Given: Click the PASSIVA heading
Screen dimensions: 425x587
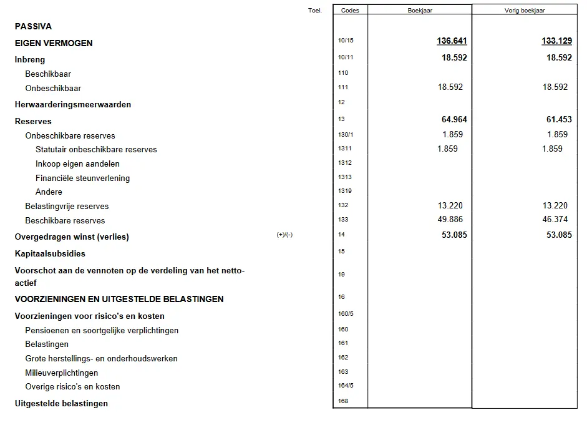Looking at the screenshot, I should pos(33,26).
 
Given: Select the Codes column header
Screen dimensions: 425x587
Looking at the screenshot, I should pos(350,10).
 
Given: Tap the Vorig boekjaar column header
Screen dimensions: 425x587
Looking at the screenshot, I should pos(525,10).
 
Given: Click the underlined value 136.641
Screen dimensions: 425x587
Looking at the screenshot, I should pos(452,41).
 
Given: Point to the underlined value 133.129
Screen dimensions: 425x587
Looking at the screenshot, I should pos(556,41).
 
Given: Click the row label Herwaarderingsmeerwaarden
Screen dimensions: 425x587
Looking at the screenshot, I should pos(73,104).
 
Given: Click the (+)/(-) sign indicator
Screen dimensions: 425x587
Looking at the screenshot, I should pos(284,235).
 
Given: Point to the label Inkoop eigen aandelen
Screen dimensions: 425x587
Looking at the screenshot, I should pos(77,164).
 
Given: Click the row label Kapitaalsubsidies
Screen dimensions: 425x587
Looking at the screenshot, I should pos(50,253).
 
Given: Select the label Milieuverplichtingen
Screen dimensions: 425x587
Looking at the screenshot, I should pos(61,373).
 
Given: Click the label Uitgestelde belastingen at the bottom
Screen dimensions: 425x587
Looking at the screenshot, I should pos(61,403).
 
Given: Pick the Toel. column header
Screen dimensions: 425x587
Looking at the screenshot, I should pos(315,10).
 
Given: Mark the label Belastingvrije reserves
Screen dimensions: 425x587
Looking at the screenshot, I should pos(67,206).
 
